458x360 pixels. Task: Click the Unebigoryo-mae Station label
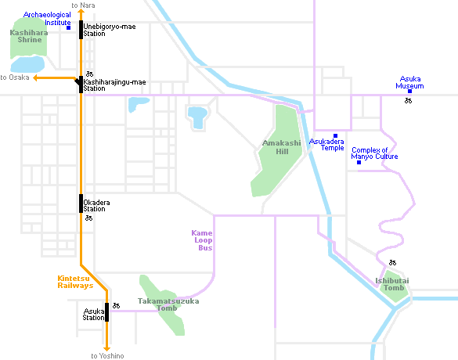[110, 30]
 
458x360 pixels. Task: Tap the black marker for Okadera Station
[81, 203]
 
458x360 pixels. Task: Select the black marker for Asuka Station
[107, 312]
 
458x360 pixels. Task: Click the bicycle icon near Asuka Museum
[408, 101]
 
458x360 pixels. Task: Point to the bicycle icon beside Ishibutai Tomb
[392, 262]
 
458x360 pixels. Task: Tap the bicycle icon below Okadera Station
[88, 218]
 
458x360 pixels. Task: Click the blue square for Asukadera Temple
[335, 135]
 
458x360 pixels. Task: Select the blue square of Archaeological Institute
[68, 27]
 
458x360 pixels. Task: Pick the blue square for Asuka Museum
[409, 92]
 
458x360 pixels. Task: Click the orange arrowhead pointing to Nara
[81, 12]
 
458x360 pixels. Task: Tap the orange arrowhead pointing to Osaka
[35, 77]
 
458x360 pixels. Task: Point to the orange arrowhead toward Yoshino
[107, 348]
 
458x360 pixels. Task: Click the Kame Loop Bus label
[202, 240]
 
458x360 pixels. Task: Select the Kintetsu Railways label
[75, 282]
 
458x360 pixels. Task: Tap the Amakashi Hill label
[282, 147]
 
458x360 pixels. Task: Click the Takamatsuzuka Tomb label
[168, 304]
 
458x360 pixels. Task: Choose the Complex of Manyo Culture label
[374, 153]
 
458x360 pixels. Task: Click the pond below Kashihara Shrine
[27, 64]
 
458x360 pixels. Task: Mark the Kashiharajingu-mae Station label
[114, 85]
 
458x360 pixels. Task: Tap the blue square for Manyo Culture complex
[359, 162]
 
